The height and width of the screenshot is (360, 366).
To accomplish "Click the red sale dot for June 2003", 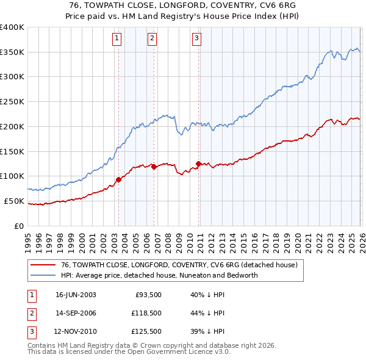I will tap(118, 179).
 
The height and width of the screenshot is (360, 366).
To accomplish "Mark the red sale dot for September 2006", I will tap(154, 167).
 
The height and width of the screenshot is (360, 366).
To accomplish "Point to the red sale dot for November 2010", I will tap(199, 163).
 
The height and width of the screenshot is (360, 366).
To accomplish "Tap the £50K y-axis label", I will tap(14, 201).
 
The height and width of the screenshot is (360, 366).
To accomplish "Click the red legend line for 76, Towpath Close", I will tap(44, 265).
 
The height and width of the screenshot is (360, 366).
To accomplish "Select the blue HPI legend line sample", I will tap(44, 275).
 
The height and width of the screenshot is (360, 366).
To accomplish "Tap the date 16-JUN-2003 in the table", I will tap(76, 295).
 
